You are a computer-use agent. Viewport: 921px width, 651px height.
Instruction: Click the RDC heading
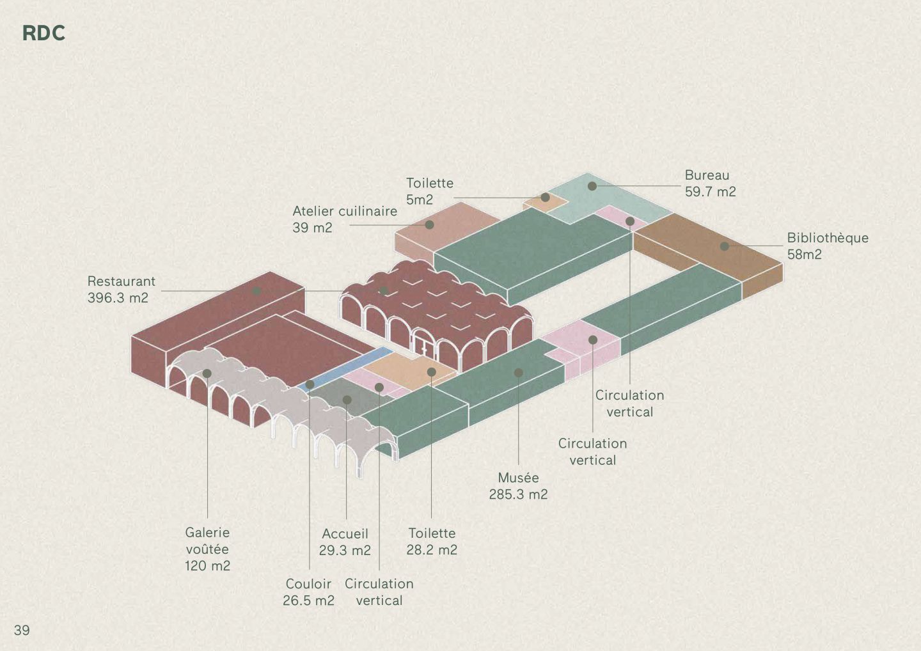tap(43, 33)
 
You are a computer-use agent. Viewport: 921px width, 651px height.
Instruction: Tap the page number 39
tap(22, 630)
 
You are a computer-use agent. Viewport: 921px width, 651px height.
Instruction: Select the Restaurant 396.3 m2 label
tap(121, 290)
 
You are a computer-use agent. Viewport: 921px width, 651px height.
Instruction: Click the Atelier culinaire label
tap(344, 219)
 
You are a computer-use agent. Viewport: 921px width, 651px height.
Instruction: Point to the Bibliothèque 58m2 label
tap(827, 246)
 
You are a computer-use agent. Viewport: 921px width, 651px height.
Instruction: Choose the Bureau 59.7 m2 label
tap(710, 184)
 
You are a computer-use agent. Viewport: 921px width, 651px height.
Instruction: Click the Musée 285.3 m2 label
tap(518, 486)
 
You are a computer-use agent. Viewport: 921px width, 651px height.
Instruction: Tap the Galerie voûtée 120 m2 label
tap(207, 549)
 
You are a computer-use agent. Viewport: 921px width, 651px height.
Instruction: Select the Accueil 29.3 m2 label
tap(345, 542)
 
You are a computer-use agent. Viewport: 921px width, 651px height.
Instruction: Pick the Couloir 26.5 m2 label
tap(308, 592)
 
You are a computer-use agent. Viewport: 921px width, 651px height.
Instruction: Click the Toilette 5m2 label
tap(429, 191)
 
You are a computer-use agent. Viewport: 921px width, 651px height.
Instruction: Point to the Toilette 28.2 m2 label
tap(432, 541)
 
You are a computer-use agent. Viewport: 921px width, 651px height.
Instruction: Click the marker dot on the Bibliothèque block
tap(724, 246)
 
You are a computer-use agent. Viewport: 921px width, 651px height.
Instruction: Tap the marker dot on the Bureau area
tap(592, 186)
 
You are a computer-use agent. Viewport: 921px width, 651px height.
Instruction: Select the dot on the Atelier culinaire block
tap(430, 225)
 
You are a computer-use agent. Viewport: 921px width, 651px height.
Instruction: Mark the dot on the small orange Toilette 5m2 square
tap(546, 198)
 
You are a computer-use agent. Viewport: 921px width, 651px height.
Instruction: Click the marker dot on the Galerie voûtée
tap(207, 373)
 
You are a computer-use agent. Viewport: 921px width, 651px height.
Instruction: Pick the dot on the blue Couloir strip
tap(310, 384)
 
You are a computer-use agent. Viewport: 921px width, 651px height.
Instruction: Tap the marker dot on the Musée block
tap(519, 372)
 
